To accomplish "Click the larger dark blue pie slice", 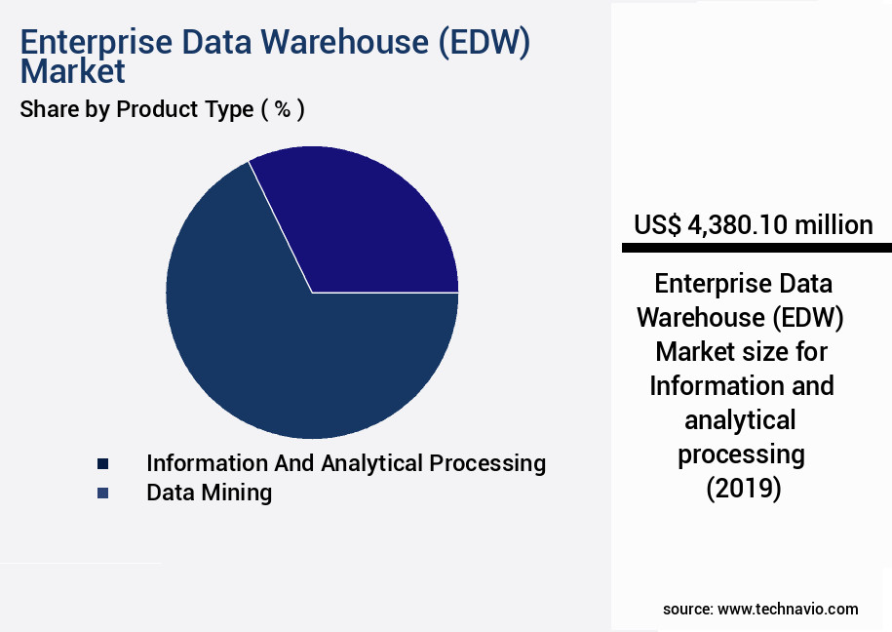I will [x=283, y=351].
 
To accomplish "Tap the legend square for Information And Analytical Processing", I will [x=102, y=464].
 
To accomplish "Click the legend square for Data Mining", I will [x=102, y=494].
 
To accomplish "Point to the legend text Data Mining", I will [x=209, y=493].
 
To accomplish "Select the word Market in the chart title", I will [x=72, y=71].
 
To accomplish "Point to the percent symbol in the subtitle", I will [x=283, y=109].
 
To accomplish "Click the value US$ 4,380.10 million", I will [x=753, y=225].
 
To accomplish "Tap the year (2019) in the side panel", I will [x=744, y=488].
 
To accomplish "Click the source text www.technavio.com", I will [x=788, y=609].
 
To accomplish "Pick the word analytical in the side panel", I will [x=740, y=419].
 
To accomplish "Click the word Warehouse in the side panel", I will [x=695, y=318].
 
